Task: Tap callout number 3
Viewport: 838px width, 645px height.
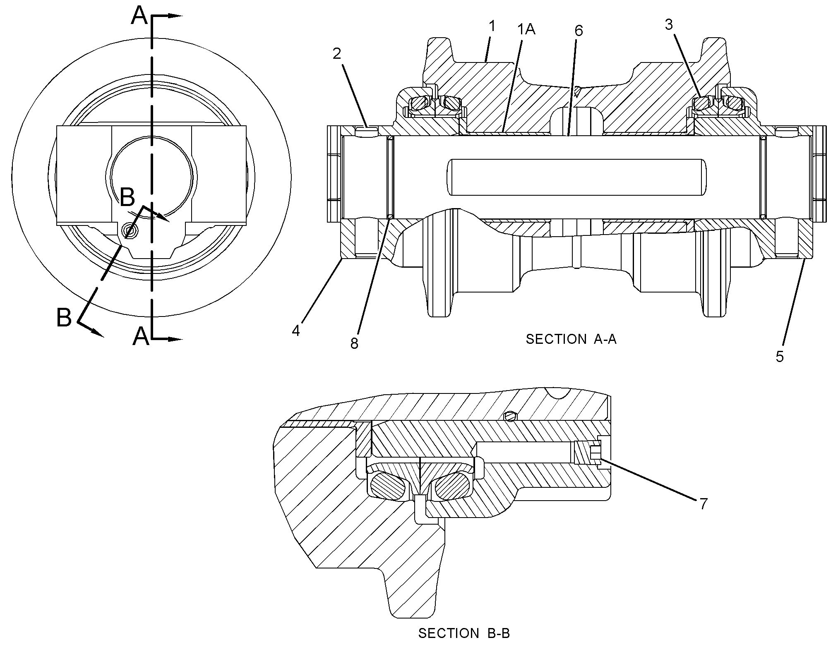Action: pyautogui.click(x=669, y=25)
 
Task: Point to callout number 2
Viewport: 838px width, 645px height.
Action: pyautogui.click(x=337, y=53)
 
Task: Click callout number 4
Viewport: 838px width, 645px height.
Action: pyautogui.click(x=296, y=331)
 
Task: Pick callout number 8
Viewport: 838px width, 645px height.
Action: pyautogui.click(x=354, y=343)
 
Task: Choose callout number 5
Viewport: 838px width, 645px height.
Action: pyautogui.click(x=780, y=356)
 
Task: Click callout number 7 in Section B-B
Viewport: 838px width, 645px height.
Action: pyautogui.click(x=704, y=504)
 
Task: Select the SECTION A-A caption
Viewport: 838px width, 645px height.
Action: pyautogui.click(x=571, y=339)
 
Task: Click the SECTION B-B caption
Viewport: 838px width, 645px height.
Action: pyautogui.click(x=464, y=633)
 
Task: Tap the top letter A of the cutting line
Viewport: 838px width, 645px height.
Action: pyautogui.click(x=139, y=17)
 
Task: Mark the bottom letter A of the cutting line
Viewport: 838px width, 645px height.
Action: pyautogui.click(x=141, y=336)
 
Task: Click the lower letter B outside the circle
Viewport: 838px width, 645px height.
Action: pyautogui.click(x=64, y=318)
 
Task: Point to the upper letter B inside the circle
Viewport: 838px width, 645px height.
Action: pyautogui.click(x=127, y=197)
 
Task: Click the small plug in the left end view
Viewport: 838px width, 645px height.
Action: pyautogui.click(x=130, y=231)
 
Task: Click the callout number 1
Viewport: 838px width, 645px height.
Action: pyautogui.click(x=492, y=26)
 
